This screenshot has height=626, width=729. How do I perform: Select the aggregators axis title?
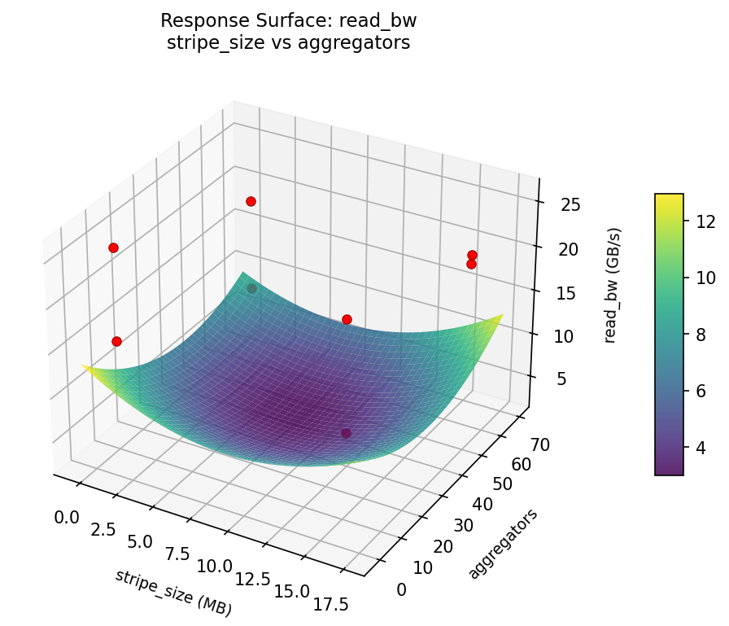pyautogui.click(x=504, y=544)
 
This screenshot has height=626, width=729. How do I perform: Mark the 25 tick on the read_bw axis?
pyautogui.click(x=570, y=205)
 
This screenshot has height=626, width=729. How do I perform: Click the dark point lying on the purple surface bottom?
pyautogui.click(x=346, y=433)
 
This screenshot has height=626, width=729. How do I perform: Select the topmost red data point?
pyautogui.click(x=251, y=201)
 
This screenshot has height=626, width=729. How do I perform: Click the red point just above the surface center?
pyautogui.click(x=347, y=319)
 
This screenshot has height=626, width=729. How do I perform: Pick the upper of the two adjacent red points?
pyautogui.click(x=472, y=255)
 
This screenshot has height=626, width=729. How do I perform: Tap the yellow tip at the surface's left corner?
pyautogui.click(x=86, y=368)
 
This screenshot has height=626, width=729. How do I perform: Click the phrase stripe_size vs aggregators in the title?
pyautogui.click(x=288, y=43)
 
